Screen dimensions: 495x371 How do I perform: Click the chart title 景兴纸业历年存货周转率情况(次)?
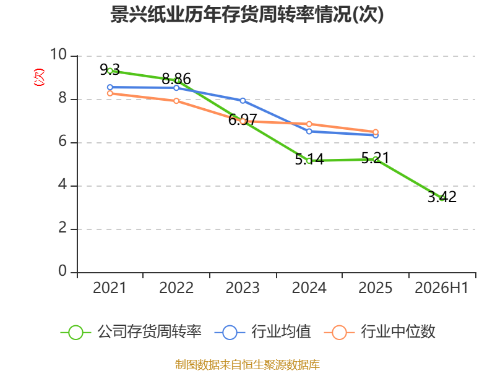pos(247,14)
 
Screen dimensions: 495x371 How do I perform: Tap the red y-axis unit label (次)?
pos(39,77)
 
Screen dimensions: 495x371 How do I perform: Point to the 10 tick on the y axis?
pos(59,54)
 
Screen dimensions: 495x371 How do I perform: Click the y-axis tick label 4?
pos(63,184)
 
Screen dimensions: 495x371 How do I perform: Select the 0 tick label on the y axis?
pos(62,271)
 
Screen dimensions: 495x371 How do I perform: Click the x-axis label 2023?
pos(243,288)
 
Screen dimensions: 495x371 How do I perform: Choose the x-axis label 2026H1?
pos(441,288)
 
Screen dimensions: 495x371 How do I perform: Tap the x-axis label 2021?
pos(110,288)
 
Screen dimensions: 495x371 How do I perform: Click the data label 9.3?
pos(110,69)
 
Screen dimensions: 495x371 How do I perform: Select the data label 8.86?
pos(176,79)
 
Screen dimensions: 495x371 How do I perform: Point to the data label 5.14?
pos(309,159)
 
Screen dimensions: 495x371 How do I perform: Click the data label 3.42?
pos(442,197)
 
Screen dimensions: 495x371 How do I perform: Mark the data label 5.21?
pos(375,158)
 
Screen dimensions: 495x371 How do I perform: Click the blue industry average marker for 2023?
pos(243,101)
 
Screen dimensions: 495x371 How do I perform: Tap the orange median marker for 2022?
pos(176,101)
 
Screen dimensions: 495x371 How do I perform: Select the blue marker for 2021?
pos(110,87)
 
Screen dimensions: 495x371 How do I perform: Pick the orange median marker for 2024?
pos(309,124)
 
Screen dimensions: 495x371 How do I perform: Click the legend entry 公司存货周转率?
pos(131,332)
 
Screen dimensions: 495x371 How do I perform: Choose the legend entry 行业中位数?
pos(380,332)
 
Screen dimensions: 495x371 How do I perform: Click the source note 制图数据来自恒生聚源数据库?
pos(247,364)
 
